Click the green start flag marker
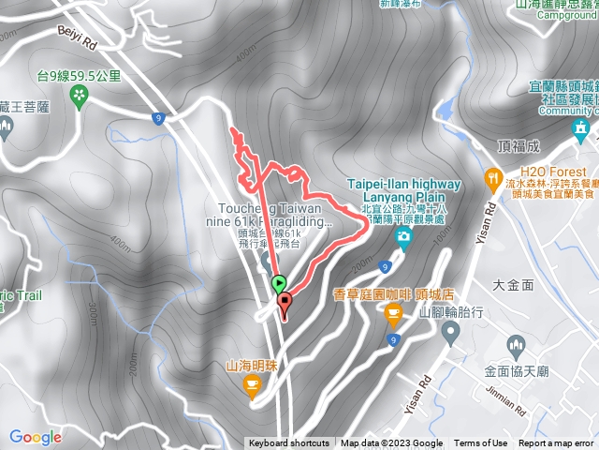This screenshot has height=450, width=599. tap(279, 282)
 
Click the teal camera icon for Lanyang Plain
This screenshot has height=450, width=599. tap(403, 234)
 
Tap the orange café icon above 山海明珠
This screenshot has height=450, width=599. tap(252, 382)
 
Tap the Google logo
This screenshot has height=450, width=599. tap(36, 436)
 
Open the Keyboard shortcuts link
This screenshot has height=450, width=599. tap(288, 443)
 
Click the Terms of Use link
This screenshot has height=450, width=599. tap(481, 443)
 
